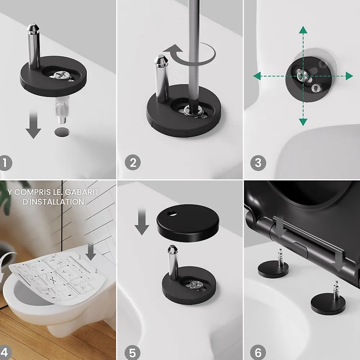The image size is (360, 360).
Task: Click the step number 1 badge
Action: click(5, 163)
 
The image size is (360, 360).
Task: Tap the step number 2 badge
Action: click(133, 163)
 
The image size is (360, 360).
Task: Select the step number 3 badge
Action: click(258, 163)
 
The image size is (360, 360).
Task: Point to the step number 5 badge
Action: click(132, 352)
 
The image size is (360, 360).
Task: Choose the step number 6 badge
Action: click(258, 352)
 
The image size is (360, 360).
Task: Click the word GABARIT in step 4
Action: click(82, 192)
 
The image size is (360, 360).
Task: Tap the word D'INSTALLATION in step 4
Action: click(53, 202)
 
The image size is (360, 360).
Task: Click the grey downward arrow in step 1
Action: click(33, 125)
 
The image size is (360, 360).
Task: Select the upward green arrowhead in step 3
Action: click(303, 30)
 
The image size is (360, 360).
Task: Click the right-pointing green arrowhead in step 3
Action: click(349, 76)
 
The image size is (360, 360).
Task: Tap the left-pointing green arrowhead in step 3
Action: click(257, 76)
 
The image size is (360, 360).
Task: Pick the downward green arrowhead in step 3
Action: click(303, 122)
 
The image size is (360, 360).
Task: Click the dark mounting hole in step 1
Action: click(62, 132)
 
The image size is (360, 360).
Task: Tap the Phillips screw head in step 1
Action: click(62, 75)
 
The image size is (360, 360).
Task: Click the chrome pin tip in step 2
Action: click(161, 60)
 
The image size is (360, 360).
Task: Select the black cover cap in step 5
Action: click(188, 223)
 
